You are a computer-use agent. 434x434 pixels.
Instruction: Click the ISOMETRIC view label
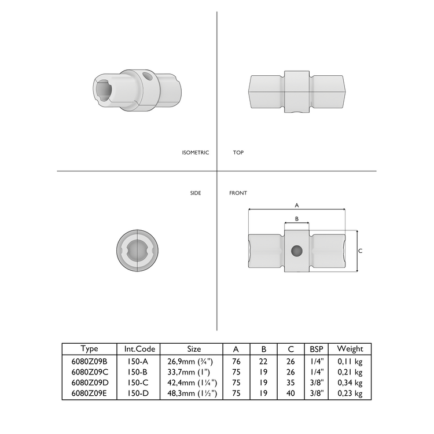click(195, 153)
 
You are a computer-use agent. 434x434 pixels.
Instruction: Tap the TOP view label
click(238, 153)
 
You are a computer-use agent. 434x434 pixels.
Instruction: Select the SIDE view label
click(196, 193)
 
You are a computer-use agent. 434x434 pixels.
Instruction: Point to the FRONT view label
click(238, 193)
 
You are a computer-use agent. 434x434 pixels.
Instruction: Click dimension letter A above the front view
click(297, 205)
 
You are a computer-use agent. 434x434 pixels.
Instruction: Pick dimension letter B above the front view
click(297, 219)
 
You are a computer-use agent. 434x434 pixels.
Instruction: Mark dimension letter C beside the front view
click(361, 251)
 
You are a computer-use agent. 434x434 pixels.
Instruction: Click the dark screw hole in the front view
click(296, 251)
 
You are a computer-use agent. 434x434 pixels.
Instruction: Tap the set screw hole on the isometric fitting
click(148, 76)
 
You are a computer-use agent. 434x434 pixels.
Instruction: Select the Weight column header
click(350, 349)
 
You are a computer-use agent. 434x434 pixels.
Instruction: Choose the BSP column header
click(317, 349)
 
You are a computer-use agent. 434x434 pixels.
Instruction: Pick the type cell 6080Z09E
click(89, 393)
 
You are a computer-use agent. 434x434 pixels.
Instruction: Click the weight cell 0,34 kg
click(350, 383)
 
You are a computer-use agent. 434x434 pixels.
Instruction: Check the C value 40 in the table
click(290, 393)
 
